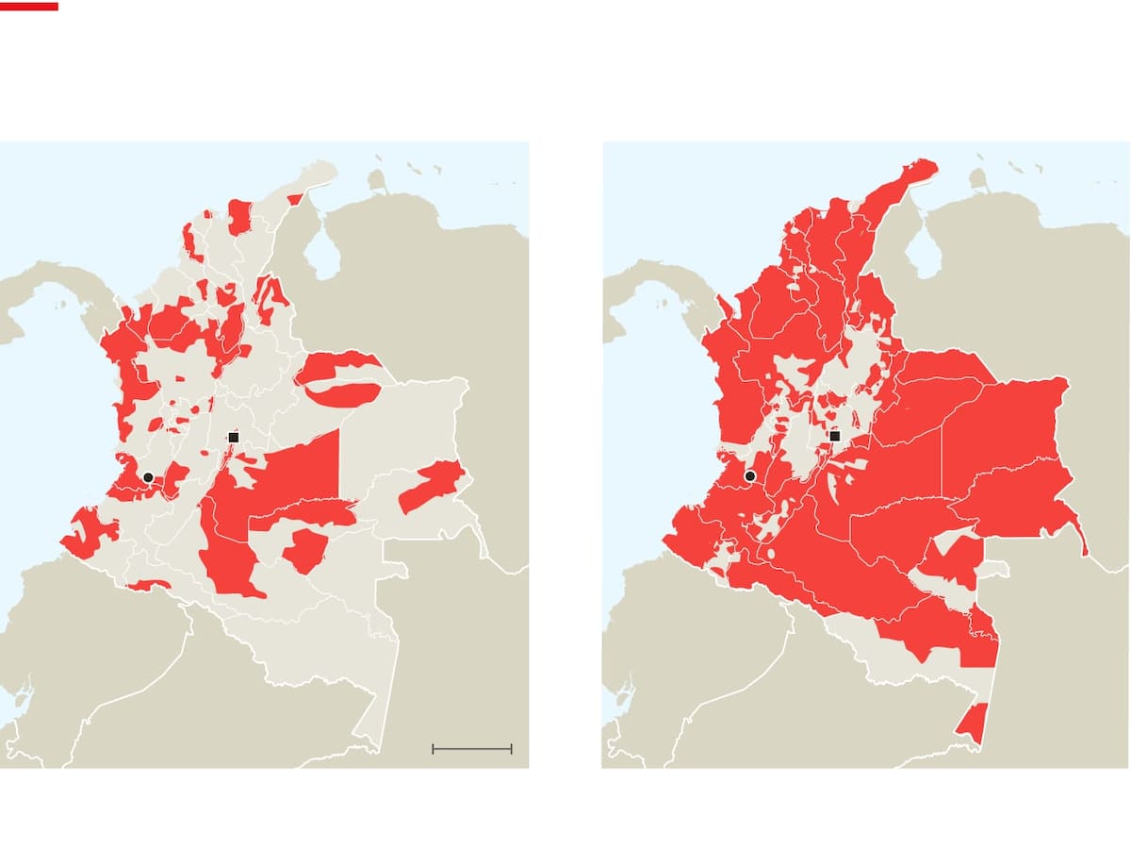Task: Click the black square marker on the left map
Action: (x=234, y=437)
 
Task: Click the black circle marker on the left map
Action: (x=148, y=477)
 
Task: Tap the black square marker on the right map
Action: (x=834, y=436)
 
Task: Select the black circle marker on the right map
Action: (x=750, y=476)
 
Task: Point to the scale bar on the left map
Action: (x=471, y=749)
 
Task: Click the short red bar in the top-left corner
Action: (x=29, y=6)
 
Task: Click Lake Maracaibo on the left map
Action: (x=323, y=256)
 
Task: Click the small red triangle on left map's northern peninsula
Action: (x=295, y=199)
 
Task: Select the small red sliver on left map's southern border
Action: (x=149, y=585)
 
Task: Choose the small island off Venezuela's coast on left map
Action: (x=378, y=180)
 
